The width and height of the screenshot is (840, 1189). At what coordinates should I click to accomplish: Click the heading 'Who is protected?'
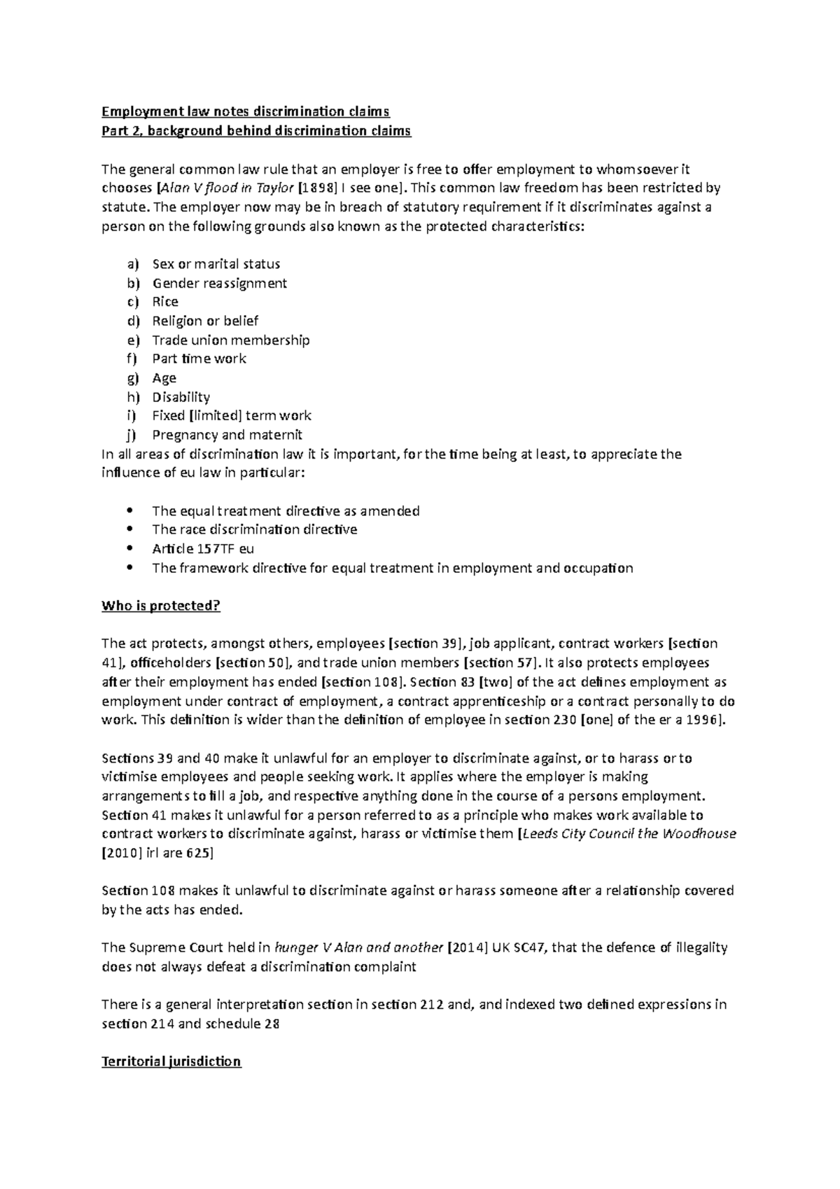161,606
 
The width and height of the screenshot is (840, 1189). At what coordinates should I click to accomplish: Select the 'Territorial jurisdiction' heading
171,1062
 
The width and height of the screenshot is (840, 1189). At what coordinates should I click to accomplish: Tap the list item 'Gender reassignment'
219,283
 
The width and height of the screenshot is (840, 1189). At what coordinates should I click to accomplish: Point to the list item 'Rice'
165,302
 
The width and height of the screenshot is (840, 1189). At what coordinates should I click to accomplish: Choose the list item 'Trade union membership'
230,340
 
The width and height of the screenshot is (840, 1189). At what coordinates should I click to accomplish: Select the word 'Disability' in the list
181,397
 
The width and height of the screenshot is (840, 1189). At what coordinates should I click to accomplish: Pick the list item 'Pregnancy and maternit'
227,435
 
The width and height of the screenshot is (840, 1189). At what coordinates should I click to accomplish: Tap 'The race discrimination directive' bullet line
254,529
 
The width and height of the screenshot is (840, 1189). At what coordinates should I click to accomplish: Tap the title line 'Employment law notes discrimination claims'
245,111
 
